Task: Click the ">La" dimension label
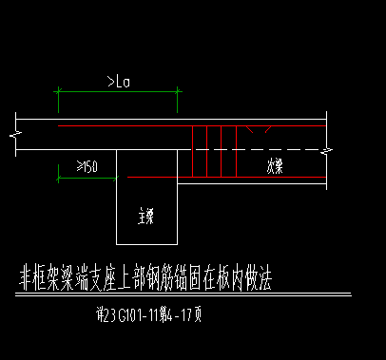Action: pyautogui.click(x=119, y=82)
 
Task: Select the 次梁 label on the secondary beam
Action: pyautogui.click(x=275, y=164)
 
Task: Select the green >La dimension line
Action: pyautogui.click(x=119, y=92)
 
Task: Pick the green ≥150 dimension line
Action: pyautogui.click(x=87, y=177)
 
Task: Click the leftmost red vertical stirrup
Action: pyautogui.click(x=193, y=151)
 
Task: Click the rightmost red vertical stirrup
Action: pyautogui.click(x=236, y=151)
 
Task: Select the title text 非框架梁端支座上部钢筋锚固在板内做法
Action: pyautogui.click(x=145, y=278)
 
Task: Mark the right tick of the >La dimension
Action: pyautogui.click(x=180, y=92)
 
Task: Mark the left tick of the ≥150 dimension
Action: pyautogui.click(x=57, y=177)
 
